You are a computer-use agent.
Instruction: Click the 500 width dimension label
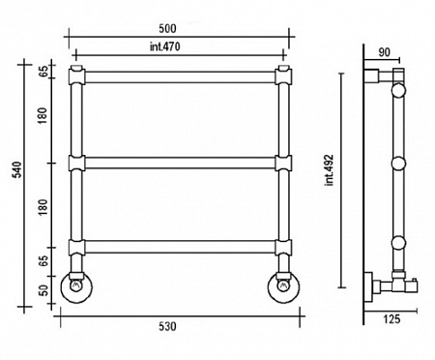167,29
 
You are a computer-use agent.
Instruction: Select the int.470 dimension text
165,46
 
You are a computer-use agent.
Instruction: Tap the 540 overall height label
16,169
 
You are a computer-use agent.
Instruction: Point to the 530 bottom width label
167,326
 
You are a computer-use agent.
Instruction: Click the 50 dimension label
43,290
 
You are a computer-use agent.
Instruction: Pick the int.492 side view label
330,170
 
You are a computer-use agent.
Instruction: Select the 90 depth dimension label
384,52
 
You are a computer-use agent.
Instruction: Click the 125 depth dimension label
391,319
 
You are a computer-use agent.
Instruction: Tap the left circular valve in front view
76,287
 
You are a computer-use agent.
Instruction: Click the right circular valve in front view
283,287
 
